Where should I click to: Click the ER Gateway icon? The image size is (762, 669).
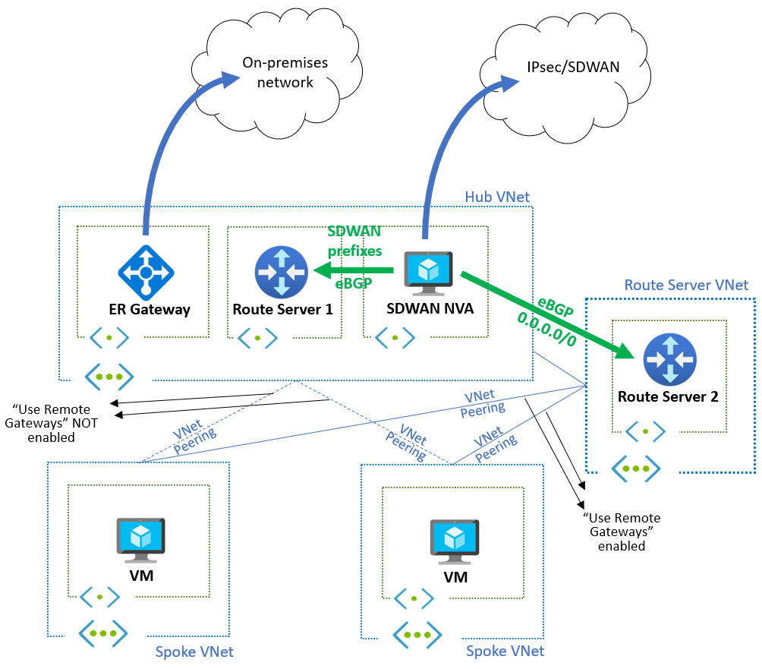tap(146, 270)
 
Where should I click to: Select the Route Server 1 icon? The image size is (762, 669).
tap(282, 271)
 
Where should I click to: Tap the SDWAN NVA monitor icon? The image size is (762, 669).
tap(429, 271)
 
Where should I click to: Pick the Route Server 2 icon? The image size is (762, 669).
tap(669, 359)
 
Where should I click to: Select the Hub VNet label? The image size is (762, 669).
tap(497, 197)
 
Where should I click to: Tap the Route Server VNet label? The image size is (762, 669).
tap(686, 285)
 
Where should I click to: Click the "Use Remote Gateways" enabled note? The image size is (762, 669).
tap(621, 532)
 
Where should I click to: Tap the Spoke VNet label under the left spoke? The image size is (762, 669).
tap(194, 652)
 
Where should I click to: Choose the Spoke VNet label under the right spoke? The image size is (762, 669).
tap(505, 651)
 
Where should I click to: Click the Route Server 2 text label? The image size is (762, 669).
tap(669, 396)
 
